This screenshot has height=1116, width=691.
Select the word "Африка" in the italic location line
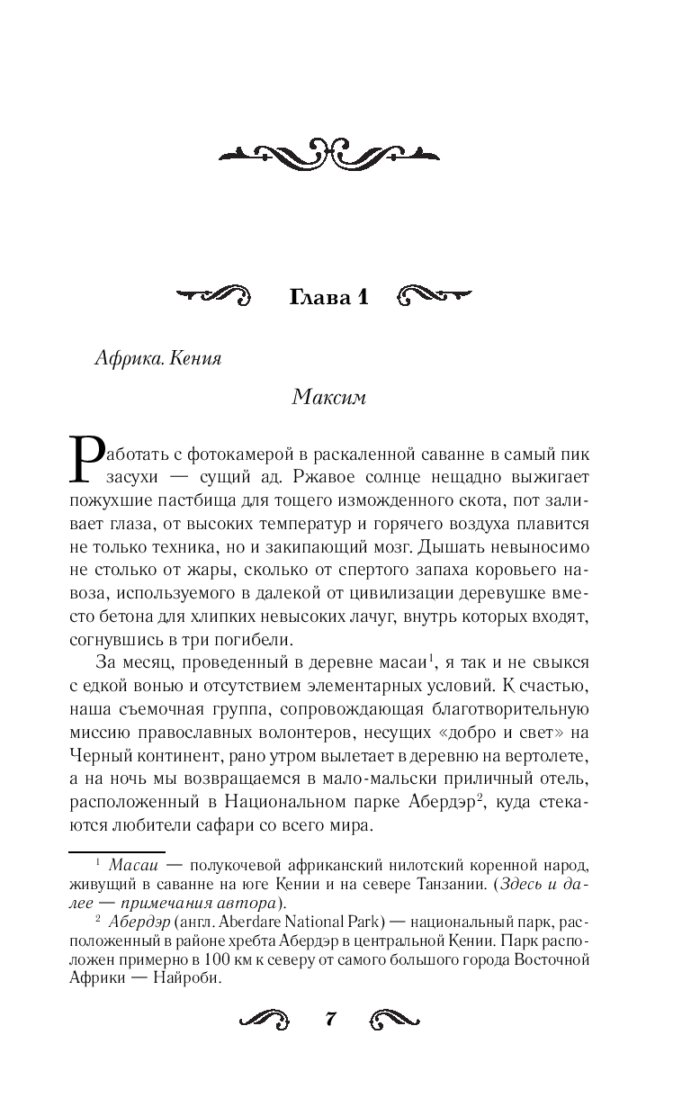click(x=123, y=357)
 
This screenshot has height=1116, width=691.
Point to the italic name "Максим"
click(x=328, y=399)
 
